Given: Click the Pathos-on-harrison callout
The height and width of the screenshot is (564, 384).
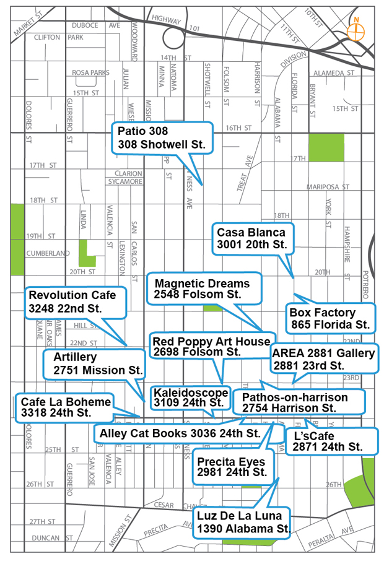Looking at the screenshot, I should point(295,402).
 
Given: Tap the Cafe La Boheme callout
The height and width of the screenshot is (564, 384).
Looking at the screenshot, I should point(64,407).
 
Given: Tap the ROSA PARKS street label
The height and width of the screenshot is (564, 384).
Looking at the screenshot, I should point(90,73).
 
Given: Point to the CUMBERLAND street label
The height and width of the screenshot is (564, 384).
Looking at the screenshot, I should point(47,253).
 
